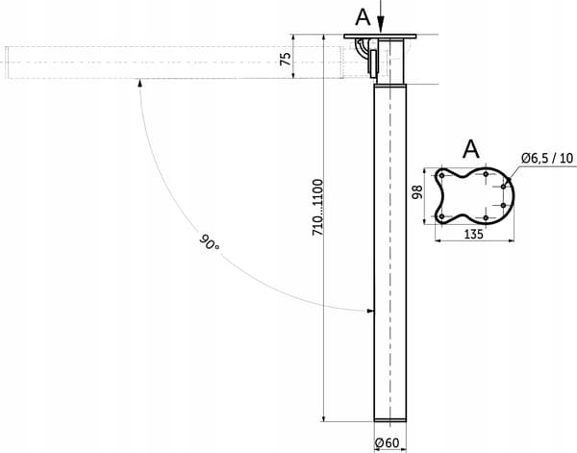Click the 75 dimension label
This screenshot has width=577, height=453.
[286, 59]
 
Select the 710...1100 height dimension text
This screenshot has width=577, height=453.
[317, 207]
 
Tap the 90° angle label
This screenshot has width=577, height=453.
[209, 242]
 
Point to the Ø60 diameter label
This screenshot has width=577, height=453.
[387, 442]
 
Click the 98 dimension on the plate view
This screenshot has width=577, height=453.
[417, 192]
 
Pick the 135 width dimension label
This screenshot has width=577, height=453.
[473, 234]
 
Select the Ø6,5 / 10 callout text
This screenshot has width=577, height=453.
[547, 159]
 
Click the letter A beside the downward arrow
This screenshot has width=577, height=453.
[363, 17]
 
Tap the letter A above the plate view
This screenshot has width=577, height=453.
[471, 149]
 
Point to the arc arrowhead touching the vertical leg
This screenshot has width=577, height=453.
[370, 311]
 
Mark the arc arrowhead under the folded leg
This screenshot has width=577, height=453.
[139, 83]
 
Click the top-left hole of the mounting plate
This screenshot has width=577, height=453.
[441, 176]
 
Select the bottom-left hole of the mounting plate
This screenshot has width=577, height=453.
[441, 216]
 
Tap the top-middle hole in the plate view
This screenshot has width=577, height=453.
[486, 174]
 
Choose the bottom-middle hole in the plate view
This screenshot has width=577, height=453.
[486, 218]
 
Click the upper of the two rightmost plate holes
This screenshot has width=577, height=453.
[503, 187]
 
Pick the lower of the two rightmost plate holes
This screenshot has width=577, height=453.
[503, 205]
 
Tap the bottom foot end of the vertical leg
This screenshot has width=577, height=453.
[390, 420]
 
